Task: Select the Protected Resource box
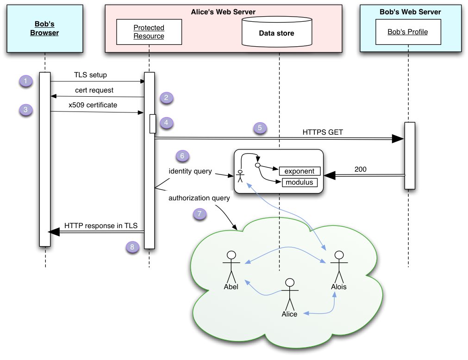click(x=149, y=31)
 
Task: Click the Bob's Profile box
click(x=408, y=32)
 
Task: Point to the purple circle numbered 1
click(x=26, y=81)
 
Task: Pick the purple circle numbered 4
click(x=167, y=123)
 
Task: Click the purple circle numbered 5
click(x=260, y=128)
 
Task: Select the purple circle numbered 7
click(x=200, y=214)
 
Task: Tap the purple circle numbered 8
click(x=132, y=247)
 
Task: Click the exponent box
click(x=300, y=171)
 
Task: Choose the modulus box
click(x=300, y=182)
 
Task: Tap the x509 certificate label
click(x=93, y=105)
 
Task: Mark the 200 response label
click(x=360, y=169)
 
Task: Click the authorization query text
click(x=199, y=199)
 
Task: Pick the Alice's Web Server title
click(x=223, y=12)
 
